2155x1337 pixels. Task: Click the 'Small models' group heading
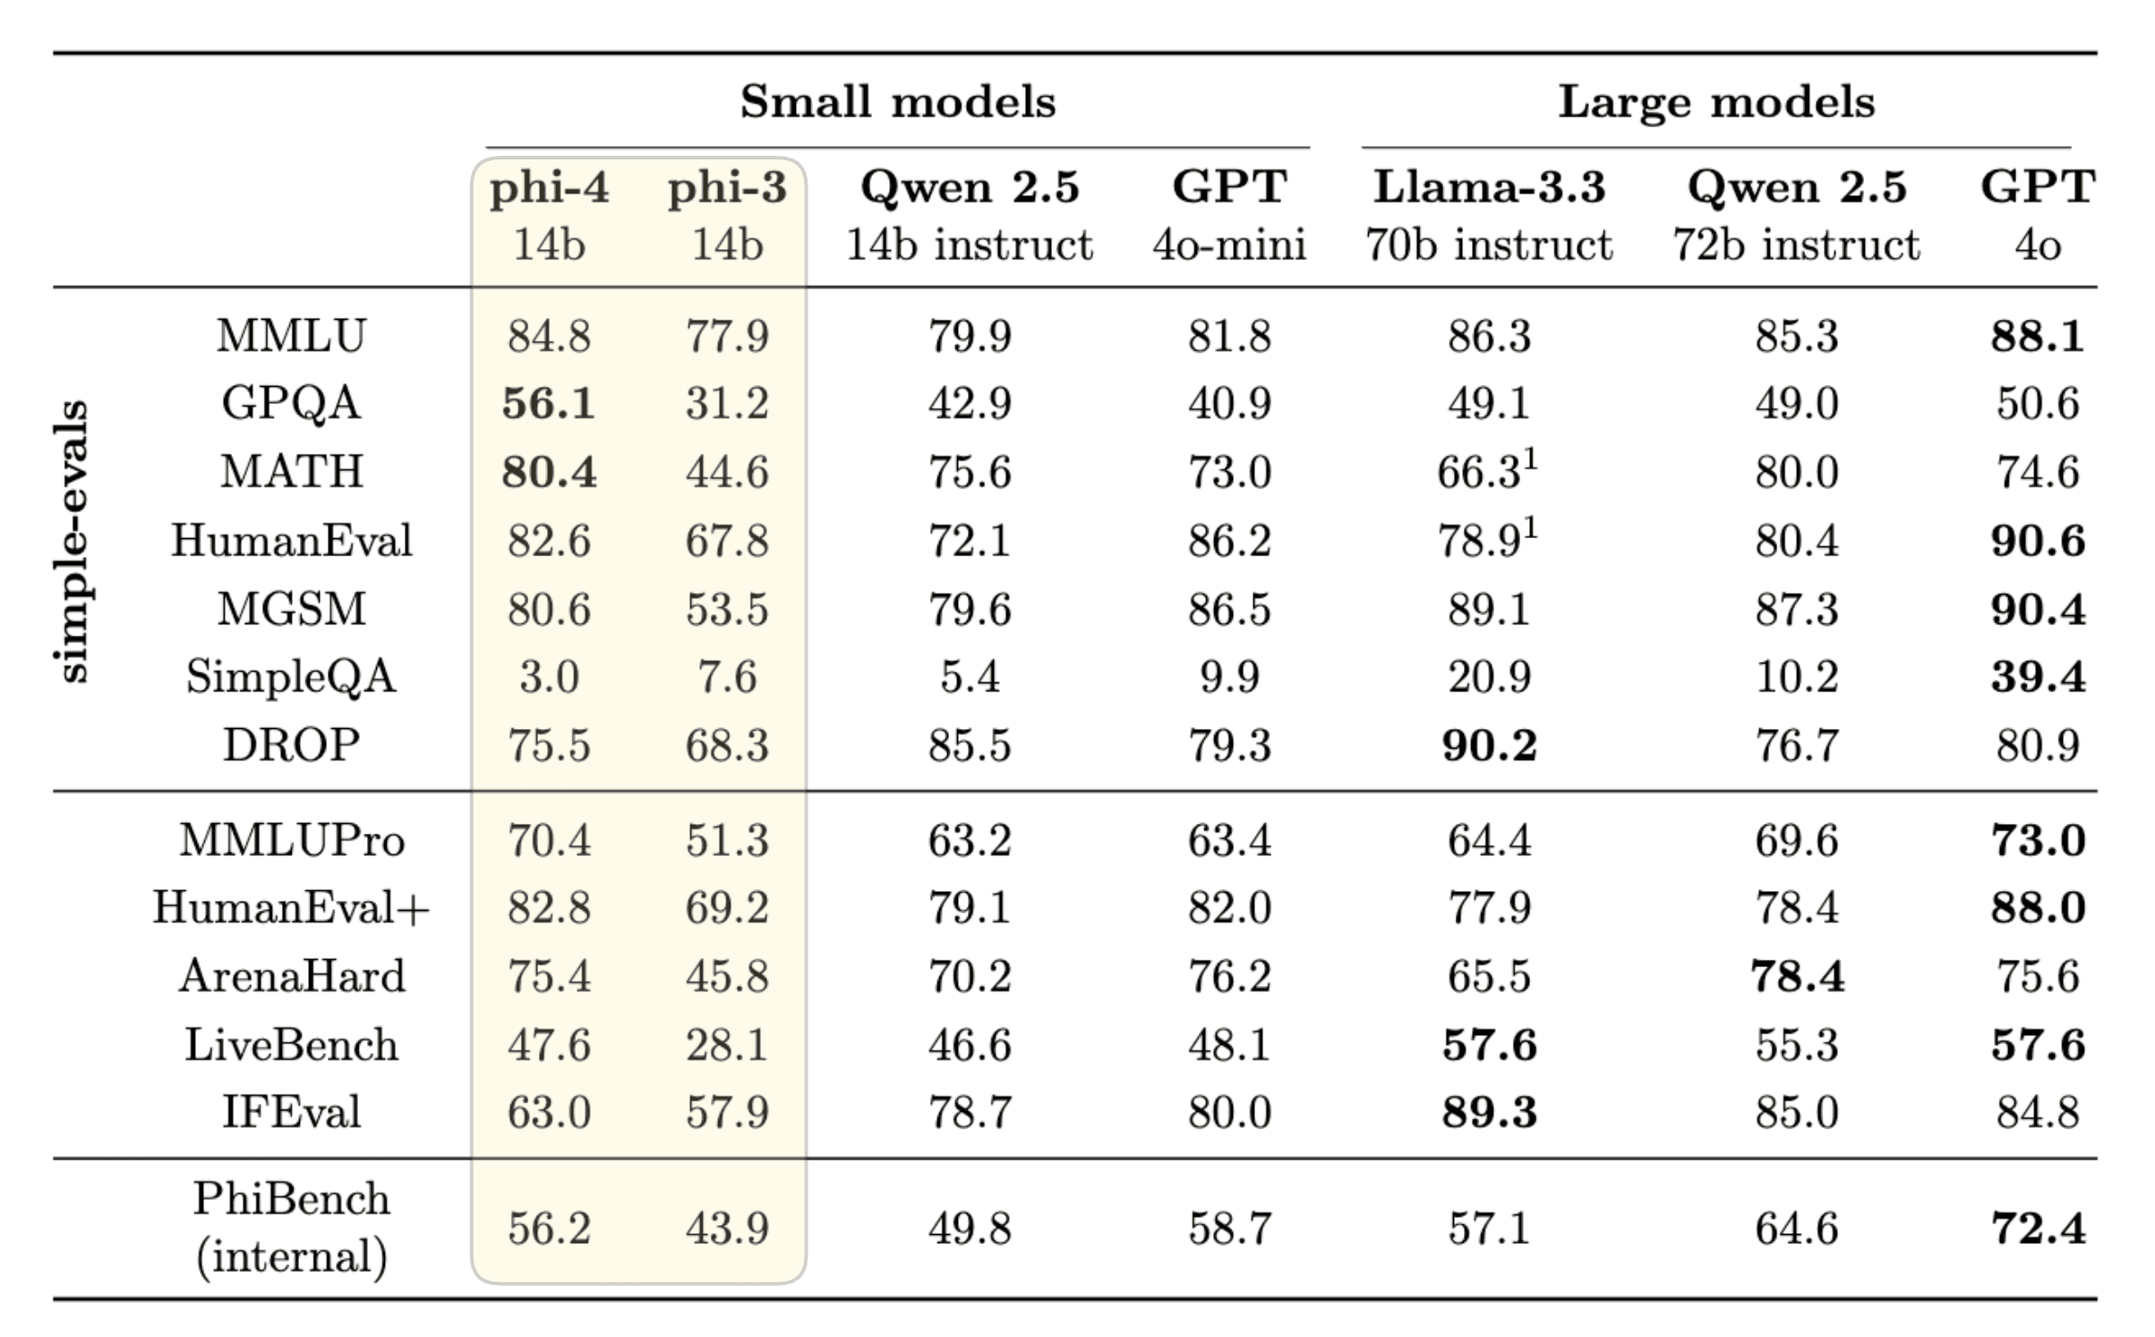pos(897,101)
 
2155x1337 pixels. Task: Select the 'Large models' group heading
pos(1715,101)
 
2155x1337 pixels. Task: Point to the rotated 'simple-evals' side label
pos(72,541)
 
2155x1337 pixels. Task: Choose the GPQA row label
pos(291,403)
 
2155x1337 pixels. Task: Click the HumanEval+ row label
pos(291,907)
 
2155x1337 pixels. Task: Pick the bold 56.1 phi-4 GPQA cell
pos(549,403)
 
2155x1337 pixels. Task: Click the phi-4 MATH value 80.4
pos(549,472)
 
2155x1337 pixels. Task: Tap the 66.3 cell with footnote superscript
pos(1482,472)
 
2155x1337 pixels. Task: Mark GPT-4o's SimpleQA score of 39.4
pos(2038,676)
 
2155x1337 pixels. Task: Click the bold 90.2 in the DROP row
pos(1489,745)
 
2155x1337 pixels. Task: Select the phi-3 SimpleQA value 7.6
pos(727,676)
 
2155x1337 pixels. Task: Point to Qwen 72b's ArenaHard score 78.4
pos(1796,976)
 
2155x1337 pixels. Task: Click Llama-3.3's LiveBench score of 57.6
pos(1489,1045)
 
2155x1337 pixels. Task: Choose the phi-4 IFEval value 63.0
pos(549,1113)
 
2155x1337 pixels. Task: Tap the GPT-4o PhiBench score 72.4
pos(2038,1228)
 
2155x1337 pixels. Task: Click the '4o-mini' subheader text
pos(1228,244)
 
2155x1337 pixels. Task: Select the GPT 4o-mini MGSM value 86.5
pos(1228,610)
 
